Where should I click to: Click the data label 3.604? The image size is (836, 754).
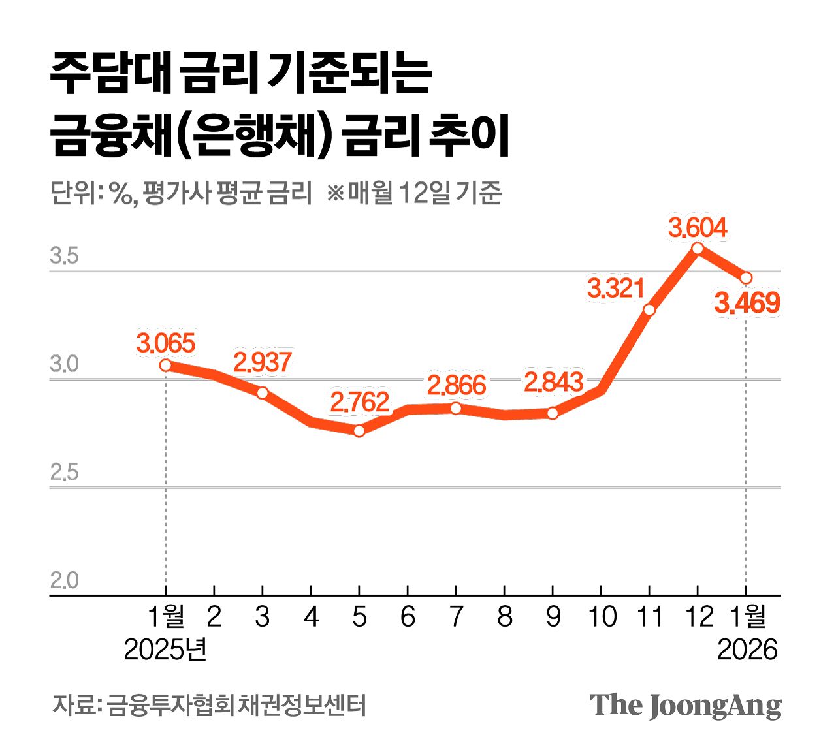pos(698,228)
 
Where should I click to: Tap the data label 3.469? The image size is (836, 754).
pos(747,304)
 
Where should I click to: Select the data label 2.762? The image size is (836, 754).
pos(359,402)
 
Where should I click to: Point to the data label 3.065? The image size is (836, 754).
pos(166,343)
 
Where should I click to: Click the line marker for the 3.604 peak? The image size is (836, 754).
pos(698,248)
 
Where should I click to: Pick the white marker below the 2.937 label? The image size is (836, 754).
pos(262,393)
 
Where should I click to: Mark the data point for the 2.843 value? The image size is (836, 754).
pos(553,413)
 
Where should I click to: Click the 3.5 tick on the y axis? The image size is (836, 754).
pos(64,256)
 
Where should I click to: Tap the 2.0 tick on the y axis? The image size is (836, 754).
pos(64,580)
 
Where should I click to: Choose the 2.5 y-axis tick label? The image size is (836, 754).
pos(64,473)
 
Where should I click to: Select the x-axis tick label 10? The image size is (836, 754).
pos(602,617)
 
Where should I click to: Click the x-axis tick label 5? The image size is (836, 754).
pos(359,617)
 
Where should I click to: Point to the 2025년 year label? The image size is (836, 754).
pos(165,650)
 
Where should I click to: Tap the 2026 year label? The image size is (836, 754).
pos(747,650)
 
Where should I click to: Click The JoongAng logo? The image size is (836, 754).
pos(685,706)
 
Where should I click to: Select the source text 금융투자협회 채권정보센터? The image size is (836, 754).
pos(236,706)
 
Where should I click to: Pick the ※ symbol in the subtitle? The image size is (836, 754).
pos(335,193)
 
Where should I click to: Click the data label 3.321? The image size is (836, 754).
pos(615,288)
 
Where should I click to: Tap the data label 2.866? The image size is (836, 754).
pos(457,385)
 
